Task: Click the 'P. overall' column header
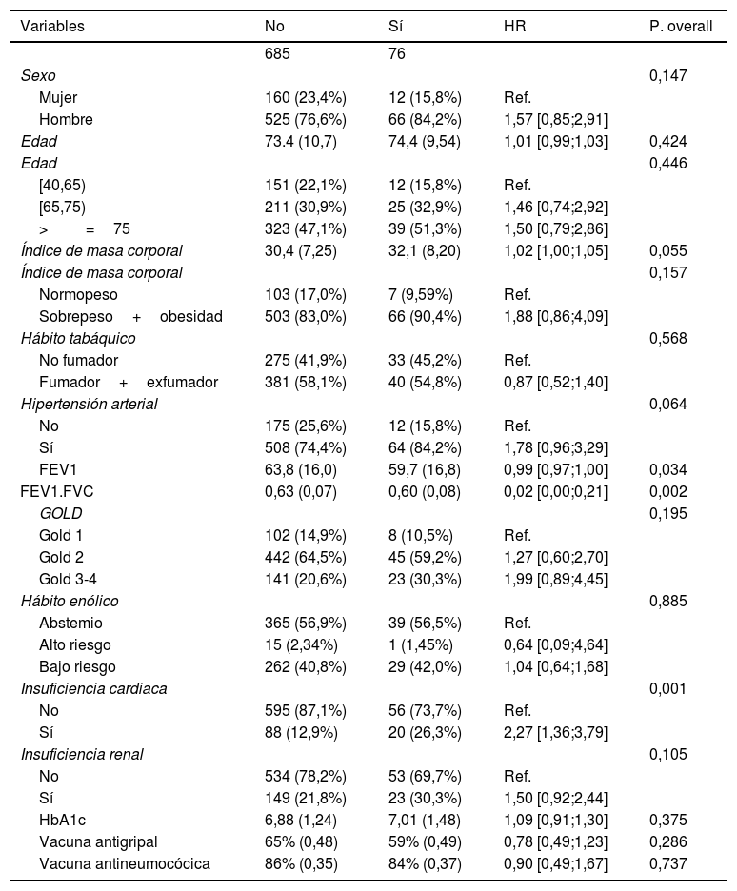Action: click(x=680, y=26)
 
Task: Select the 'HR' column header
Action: click(x=513, y=26)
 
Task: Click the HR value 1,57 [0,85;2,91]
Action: click(x=555, y=119)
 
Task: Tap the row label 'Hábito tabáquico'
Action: click(x=78, y=338)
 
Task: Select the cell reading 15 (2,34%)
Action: click(x=299, y=644)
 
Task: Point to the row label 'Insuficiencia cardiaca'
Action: click(x=93, y=688)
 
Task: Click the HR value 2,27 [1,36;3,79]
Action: click(x=555, y=732)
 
